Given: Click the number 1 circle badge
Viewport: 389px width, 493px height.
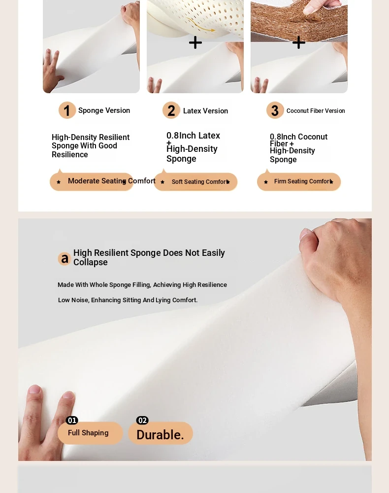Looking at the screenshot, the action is point(67,110).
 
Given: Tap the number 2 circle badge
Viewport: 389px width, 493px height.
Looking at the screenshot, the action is point(171,110).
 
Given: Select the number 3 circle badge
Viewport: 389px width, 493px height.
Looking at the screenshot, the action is point(275,110).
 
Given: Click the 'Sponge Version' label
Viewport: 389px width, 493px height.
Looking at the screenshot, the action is point(104,110).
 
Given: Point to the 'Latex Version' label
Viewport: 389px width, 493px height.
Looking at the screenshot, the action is point(206,111).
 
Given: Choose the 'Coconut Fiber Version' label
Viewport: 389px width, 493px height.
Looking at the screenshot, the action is point(316,110).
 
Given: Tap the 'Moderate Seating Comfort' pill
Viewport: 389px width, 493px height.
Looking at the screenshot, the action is point(92,181).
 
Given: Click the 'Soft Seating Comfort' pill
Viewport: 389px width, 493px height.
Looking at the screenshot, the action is point(195,181).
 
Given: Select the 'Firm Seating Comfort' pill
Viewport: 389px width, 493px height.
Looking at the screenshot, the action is point(299,181).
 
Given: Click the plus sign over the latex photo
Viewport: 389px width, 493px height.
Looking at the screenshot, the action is point(195,42).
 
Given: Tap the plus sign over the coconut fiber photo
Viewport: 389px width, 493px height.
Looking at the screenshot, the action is point(298,42).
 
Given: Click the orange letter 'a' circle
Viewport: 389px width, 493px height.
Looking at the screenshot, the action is point(65,258).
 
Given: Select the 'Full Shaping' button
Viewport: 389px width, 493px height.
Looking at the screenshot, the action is point(90,433).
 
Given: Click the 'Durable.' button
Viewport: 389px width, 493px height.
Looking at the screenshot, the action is point(161,433).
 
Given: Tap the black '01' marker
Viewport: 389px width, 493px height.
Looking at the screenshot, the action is point(72,421).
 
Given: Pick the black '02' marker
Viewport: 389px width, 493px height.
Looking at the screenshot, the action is point(142,421).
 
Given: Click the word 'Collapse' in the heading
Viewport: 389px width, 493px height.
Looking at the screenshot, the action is point(91,262).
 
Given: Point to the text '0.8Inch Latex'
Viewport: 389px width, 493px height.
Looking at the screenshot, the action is point(193,136).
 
